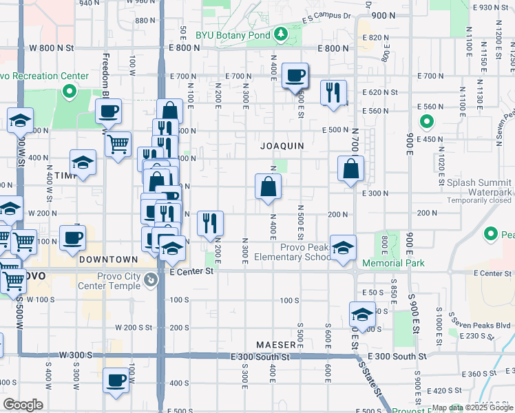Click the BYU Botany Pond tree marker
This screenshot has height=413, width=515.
point(280,33)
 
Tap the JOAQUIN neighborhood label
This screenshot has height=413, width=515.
point(282,146)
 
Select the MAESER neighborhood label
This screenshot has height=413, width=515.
point(276,343)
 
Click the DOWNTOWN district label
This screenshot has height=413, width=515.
point(109,260)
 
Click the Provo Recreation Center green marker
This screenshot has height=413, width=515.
point(69,90)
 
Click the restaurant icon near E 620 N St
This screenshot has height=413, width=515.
point(334,92)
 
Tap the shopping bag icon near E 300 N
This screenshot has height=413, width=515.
point(268,186)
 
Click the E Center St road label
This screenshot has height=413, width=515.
point(193,272)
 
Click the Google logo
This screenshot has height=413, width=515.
point(23,405)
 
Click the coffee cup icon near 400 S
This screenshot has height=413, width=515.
point(116,380)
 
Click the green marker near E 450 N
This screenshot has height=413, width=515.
point(426,123)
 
